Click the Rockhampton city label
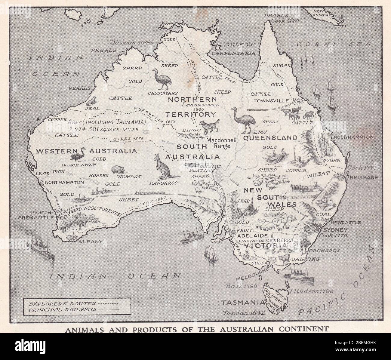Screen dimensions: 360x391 [x=354, y=137]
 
